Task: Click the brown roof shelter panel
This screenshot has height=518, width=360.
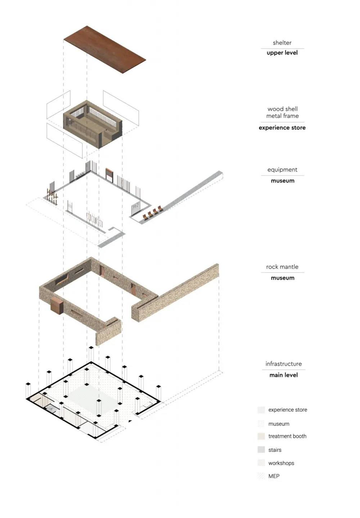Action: click(104, 49)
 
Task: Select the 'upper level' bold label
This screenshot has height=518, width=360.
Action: click(282, 53)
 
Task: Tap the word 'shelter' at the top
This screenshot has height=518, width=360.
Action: click(282, 43)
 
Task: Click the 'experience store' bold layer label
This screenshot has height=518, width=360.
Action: click(282, 128)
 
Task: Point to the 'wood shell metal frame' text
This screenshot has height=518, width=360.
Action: click(283, 112)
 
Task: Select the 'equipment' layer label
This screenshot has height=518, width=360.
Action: click(282, 170)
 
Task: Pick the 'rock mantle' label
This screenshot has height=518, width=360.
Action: click(282, 267)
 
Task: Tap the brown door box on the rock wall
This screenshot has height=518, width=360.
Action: click(57, 306)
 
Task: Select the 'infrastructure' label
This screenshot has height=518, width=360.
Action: click(284, 364)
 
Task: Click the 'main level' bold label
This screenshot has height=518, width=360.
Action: click(284, 375)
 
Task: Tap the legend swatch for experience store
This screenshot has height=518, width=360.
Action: click(261, 410)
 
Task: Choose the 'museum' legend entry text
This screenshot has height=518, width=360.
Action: click(279, 424)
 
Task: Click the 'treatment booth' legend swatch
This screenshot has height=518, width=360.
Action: click(261, 436)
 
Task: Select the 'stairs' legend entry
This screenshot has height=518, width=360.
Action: click(275, 450)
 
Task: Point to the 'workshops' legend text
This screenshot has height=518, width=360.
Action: click(281, 463)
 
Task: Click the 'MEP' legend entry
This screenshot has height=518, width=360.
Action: click(274, 476)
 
